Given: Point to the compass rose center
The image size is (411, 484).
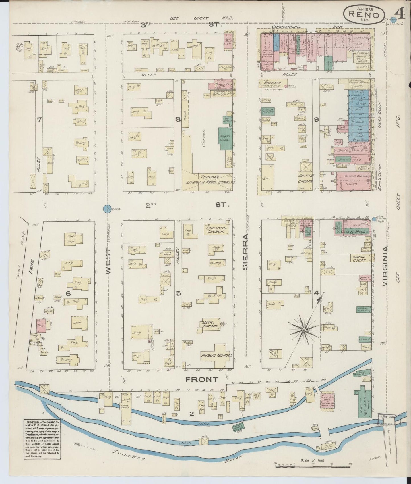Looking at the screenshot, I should point(304,330).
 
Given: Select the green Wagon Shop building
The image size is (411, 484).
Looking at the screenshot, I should point(225,138).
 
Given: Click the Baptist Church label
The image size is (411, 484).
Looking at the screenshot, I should point(306,179).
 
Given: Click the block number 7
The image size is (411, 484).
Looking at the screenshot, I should point(39,120).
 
